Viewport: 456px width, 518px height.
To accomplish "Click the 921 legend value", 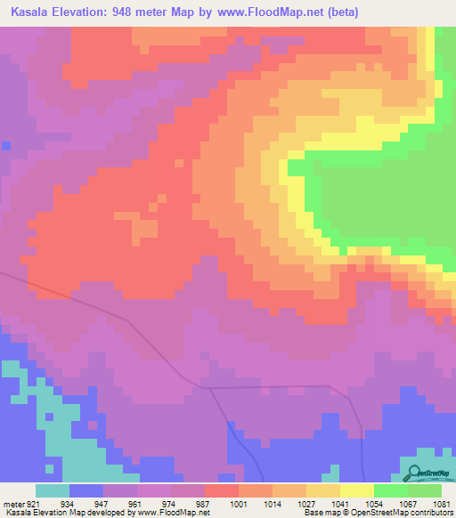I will [33, 503].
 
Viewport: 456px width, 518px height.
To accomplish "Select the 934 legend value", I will [67, 503].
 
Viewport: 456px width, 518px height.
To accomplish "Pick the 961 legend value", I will [134, 503].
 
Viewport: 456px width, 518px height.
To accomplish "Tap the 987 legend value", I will [202, 503].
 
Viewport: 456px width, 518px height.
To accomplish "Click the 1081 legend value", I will [441, 503].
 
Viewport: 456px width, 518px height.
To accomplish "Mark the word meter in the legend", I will [12, 503].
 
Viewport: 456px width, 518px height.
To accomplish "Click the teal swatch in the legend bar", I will [52, 490].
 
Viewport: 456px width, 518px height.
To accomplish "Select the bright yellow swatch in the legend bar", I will [356, 490].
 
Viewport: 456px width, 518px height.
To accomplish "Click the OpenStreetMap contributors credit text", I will [407, 513].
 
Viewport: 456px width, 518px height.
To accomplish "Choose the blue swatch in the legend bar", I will [85, 490].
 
